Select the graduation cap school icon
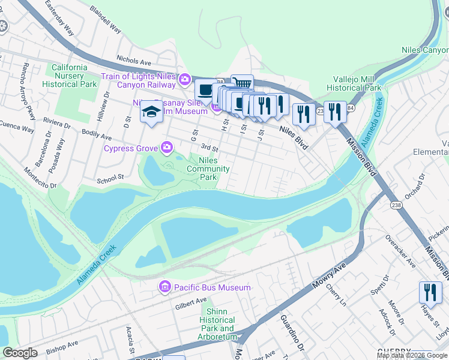[151, 112]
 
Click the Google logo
[20, 353]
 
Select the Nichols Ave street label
[134, 61]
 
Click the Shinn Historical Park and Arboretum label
[218, 324]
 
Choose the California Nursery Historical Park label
[70, 76]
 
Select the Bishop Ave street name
[62, 345]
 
